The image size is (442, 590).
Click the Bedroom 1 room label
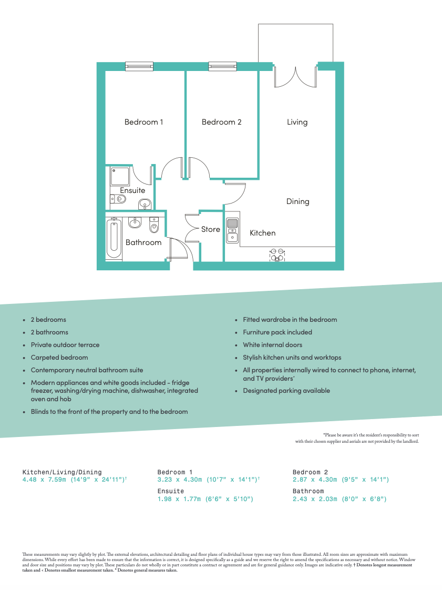pyautogui.click(x=143, y=122)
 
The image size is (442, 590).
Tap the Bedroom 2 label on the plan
pyautogui.click(x=221, y=122)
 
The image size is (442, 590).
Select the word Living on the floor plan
pyautogui.click(x=297, y=122)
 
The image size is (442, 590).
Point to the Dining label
pyautogui.click(x=297, y=201)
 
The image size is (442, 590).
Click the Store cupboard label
pyautogui.click(x=211, y=229)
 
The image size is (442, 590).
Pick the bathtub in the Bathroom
pyautogui.click(x=114, y=239)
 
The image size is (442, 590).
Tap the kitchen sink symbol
pyautogui.click(x=232, y=231)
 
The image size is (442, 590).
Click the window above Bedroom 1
pyautogui.click(x=139, y=66)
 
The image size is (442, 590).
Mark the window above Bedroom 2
pyautogui.click(x=222, y=66)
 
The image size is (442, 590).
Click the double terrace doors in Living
pyautogui.click(x=295, y=76)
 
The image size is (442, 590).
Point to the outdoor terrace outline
pyautogui.click(x=295, y=42)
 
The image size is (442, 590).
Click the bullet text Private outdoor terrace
pyautogui.click(x=65, y=345)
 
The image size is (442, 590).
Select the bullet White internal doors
pyautogui.click(x=272, y=345)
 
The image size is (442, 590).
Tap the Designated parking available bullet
pyautogui.click(x=286, y=391)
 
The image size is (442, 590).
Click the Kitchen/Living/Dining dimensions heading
pyautogui.click(x=62, y=472)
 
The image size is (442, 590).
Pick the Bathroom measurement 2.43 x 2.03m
pyautogui.click(x=340, y=499)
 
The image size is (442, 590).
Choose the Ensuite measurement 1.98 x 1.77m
pyautogui.click(x=205, y=499)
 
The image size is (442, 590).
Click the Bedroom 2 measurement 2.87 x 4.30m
pyautogui.click(x=341, y=480)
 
